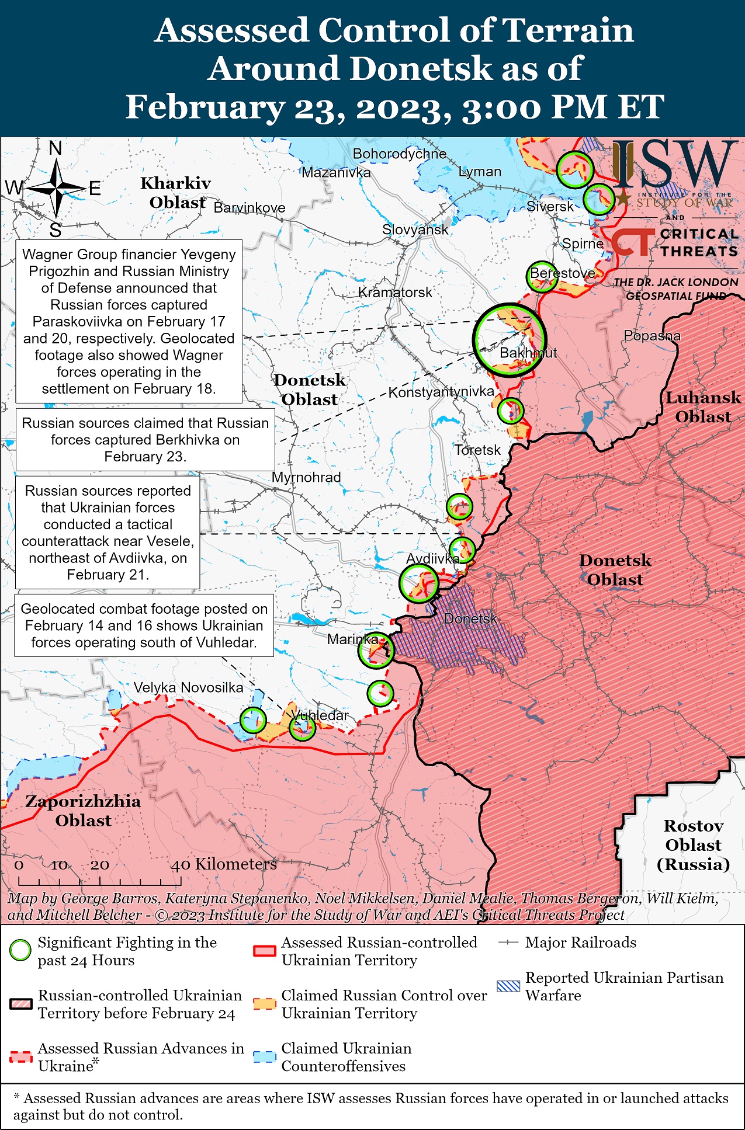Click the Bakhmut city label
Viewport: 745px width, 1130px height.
(528, 353)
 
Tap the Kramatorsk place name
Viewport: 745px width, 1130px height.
(395, 292)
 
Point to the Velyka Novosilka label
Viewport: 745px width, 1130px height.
(188, 687)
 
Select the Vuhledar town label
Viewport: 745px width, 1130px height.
(320, 715)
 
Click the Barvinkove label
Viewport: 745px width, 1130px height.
(250, 208)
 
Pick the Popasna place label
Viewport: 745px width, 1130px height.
(652, 336)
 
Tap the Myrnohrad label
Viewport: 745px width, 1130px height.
(306, 477)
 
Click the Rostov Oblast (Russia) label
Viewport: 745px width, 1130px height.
(693, 844)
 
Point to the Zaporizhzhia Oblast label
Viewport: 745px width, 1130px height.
(83, 811)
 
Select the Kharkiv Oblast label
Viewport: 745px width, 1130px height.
(175, 193)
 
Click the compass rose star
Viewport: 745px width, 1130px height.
(57, 188)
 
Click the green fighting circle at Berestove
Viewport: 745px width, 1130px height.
(542, 277)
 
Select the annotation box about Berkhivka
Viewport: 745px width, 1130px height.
(145, 440)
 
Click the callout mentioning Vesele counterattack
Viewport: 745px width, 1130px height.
(108, 533)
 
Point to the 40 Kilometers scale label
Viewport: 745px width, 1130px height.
(223, 864)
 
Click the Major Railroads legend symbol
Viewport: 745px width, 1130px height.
(508, 943)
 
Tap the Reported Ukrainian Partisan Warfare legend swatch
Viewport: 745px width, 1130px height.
(507, 986)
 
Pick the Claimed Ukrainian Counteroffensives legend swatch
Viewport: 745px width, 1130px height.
(264, 1057)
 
